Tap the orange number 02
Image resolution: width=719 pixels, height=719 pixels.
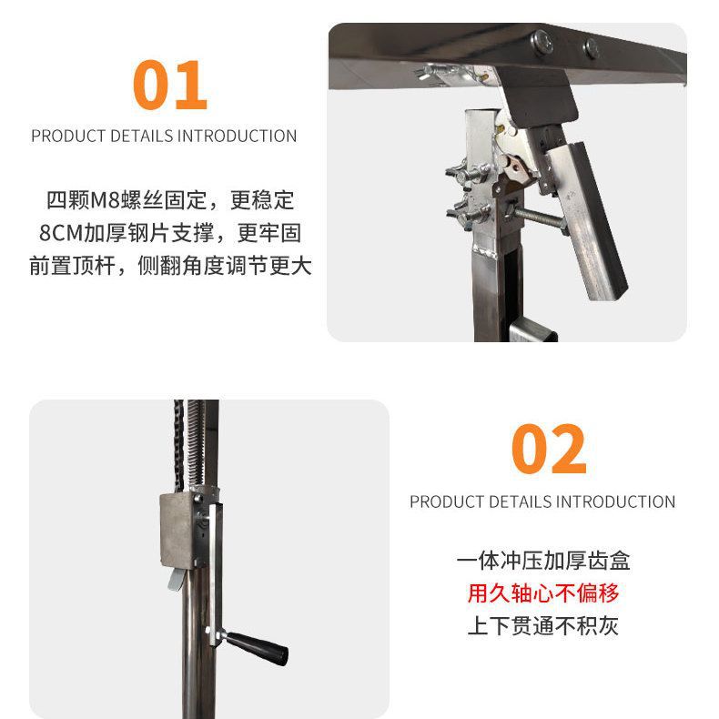click(549, 449)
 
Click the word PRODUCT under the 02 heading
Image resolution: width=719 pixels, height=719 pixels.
click(447, 501)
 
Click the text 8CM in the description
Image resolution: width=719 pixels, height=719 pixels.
click(60, 234)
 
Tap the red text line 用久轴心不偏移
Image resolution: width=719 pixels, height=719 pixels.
click(542, 593)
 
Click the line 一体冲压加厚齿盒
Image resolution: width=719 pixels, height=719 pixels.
click(542, 561)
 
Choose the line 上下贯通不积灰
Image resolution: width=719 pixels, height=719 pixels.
click(542, 626)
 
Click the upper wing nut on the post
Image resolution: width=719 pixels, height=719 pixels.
click(462, 171)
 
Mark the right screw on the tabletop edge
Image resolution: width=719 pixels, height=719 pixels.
click(592, 47)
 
